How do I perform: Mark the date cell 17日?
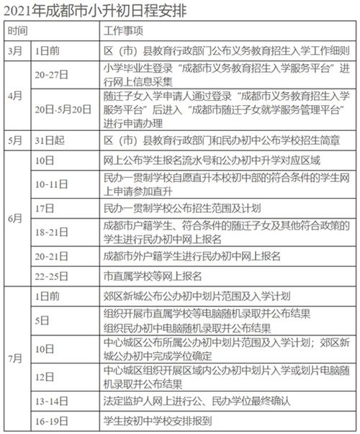pos(43,207)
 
